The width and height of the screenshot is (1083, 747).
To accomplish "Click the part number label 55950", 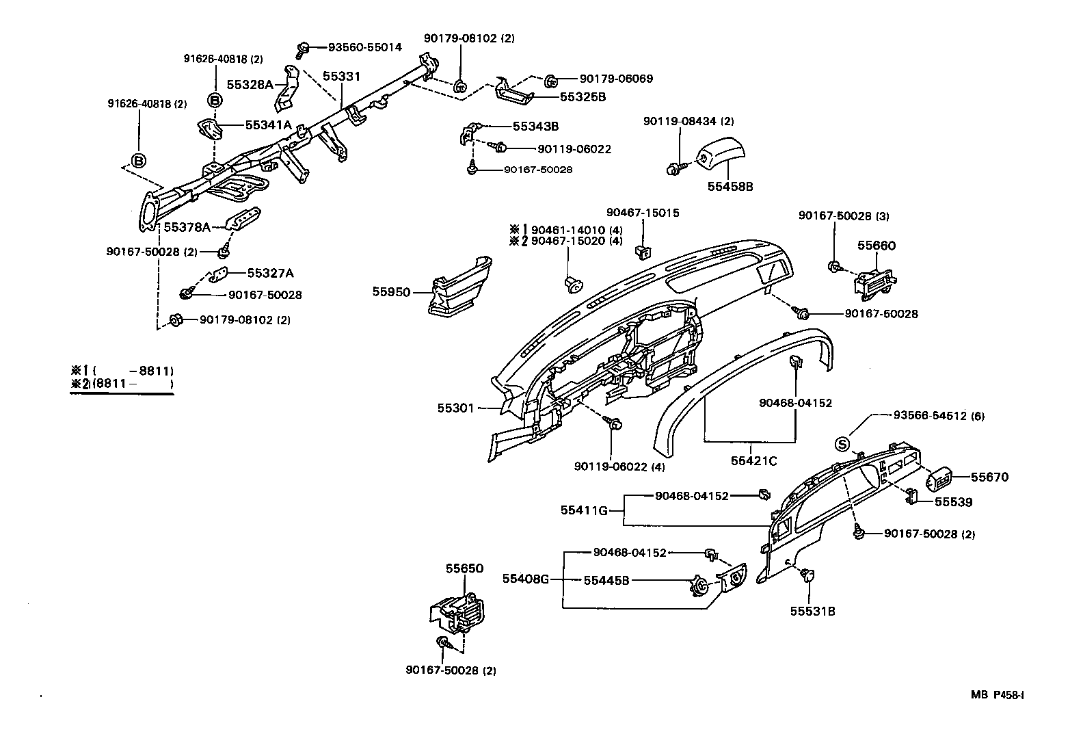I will click(x=391, y=292).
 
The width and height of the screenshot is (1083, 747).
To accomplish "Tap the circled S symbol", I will click(x=842, y=445).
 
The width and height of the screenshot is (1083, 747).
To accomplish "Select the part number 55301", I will click(x=455, y=408).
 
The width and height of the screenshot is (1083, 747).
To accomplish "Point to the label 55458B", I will click(x=730, y=186).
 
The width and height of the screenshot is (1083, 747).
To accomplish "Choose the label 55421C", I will click(x=753, y=461).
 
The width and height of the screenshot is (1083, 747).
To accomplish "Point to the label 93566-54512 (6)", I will click(x=939, y=416).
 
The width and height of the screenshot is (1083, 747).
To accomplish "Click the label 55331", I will click(x=341, y=77).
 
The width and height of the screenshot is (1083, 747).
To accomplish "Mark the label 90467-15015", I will click(x=643, y=213).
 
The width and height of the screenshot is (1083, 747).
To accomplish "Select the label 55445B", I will click(x=606, y=581).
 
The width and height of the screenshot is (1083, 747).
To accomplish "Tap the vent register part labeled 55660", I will click(x=874, y=281).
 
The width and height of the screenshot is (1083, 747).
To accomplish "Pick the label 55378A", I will click(x=187, y=226).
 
